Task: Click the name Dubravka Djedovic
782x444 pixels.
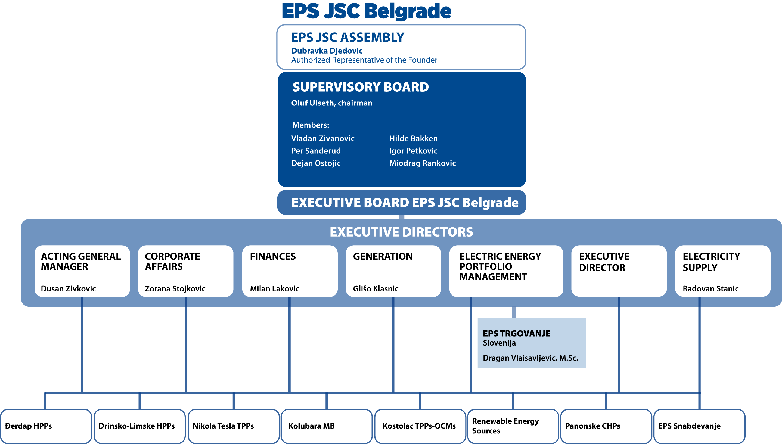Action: tap(327, 51)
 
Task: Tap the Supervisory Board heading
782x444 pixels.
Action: tap(361, 87)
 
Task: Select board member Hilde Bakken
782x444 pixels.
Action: tap(413, 138)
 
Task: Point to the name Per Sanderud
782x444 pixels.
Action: tap(316, 151)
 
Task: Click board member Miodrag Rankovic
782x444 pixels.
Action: tap(423, 163)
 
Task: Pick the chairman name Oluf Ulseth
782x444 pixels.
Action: tap(312, 103)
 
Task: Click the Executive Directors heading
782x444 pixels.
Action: tap(402, 232)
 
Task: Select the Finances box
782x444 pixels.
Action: tap(290, 271)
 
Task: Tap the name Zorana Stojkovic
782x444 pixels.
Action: tap(175, 288)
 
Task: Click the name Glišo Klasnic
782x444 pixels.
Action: tap(376, 288)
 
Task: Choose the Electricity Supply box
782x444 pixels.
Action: tap(722, 271)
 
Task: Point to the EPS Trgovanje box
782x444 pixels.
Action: tap(532, 343)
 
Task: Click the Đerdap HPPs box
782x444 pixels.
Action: tap(46, 426)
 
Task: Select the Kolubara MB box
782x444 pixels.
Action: tap(327, 426)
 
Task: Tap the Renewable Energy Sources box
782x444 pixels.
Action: tap(513, 426)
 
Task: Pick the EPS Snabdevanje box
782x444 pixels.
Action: tap(699, 426)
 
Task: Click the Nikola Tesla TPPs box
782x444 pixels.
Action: tap(234, 426)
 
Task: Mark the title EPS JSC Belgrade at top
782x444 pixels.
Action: tap(367, 11)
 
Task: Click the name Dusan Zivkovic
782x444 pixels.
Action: tap(68, 288)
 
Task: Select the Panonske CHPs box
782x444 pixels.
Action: tap(606, 426)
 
